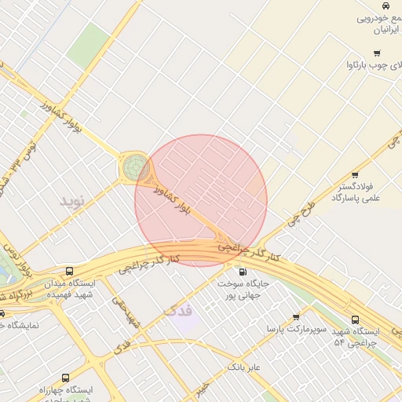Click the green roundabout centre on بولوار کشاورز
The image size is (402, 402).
click(133, 167)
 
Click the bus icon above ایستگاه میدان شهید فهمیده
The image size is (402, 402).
click(71, 271)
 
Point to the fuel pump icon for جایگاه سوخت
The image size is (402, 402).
click(242, 271)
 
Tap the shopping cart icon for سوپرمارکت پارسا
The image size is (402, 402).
click(296, 317)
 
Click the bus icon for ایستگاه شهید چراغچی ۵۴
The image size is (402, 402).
click(356, 320)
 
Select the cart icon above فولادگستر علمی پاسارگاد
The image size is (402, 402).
click(356, 175)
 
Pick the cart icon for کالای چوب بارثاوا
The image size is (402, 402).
click(378, 53)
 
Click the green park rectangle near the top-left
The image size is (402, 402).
click(87, 45)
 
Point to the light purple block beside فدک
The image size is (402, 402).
click(186, 318)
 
